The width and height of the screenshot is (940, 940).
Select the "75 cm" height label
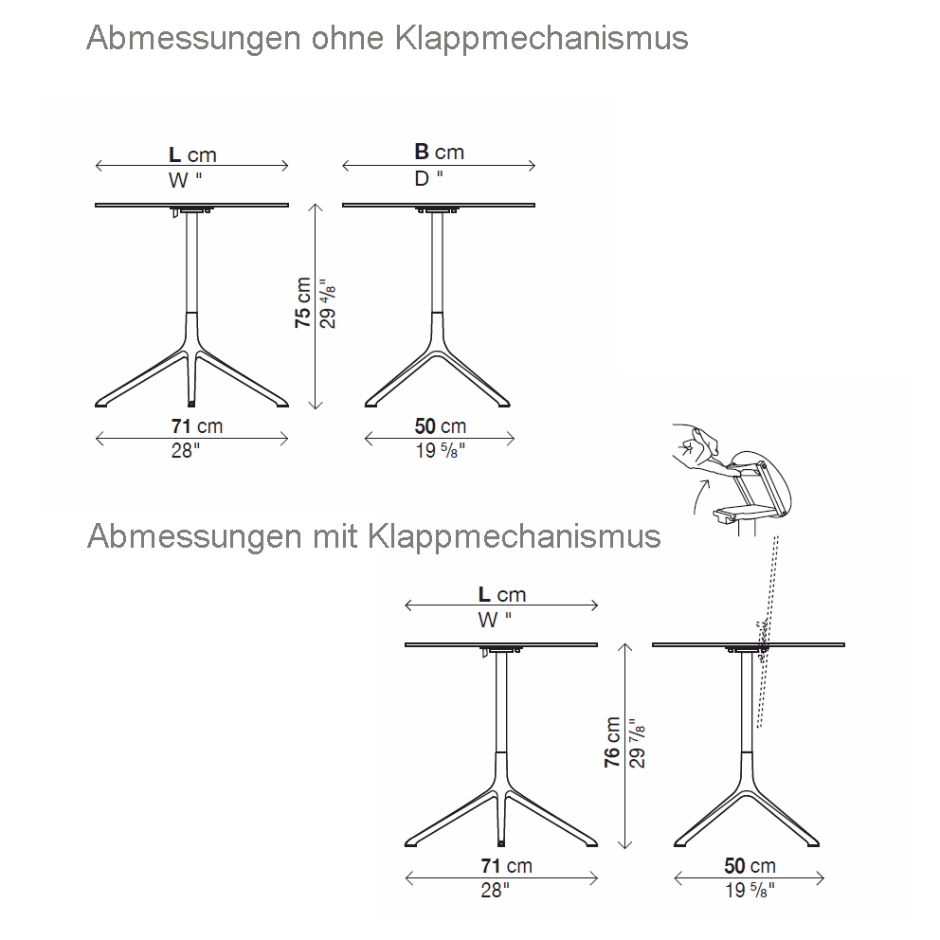click(x=303, y=302)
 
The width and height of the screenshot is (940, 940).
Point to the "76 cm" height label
click(x=613, y=742)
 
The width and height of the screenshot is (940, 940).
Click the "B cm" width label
click(x=439, y=152)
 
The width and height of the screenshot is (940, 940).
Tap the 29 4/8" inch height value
click(x=326, y=302)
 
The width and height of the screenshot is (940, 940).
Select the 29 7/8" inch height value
click(x=637, y=742)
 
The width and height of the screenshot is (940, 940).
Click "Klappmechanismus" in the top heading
click(x=541, y=39)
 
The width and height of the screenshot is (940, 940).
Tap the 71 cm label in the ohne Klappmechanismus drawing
click(x=197, y=427)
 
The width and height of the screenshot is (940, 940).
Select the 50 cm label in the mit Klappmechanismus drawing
click(x=750, y=865)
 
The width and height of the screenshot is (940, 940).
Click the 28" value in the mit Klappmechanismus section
click(x=494, y=890)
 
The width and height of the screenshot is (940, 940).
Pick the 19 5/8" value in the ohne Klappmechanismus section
click(x=440, y=451)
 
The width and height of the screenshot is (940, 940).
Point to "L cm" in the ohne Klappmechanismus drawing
click(x=192, y=154)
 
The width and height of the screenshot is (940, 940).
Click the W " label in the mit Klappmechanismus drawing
click(x=495, y=620)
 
